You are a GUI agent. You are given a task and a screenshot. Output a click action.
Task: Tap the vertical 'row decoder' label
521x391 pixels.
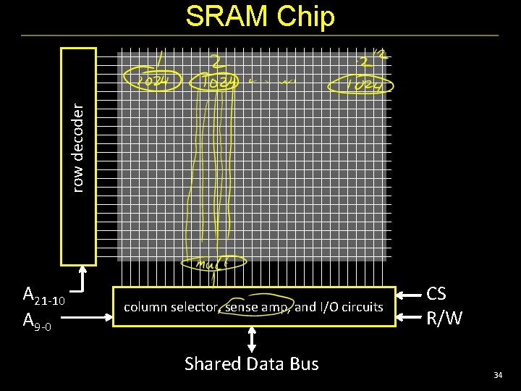coord(78,147)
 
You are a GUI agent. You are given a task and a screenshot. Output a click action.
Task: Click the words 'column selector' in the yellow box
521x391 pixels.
coord(170,307)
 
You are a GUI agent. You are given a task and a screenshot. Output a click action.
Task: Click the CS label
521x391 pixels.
coord(436,294)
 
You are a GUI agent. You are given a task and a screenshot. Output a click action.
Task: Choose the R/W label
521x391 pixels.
coord(444,318)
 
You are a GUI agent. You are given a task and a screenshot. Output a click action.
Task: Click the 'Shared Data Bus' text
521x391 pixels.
coord(251,363)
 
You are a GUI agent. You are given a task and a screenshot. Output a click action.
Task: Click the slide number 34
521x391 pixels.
coord(498,375)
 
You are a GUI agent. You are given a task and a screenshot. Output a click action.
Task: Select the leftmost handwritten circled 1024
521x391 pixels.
coord(151,82)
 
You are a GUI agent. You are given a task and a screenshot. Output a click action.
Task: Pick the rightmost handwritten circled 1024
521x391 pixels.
coord(360,85)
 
